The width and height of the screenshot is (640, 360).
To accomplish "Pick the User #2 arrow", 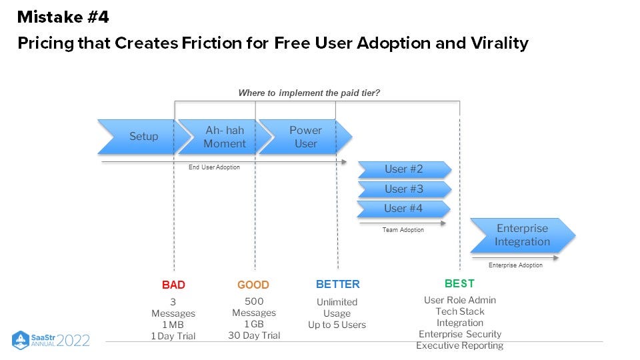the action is pos(404,169).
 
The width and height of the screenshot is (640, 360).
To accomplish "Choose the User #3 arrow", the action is pos(404,189).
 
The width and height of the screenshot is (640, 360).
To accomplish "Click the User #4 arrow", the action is pos(404,209).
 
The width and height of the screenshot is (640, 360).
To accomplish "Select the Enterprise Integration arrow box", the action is pos(523,235).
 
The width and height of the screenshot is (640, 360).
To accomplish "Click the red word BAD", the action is pos(173,285).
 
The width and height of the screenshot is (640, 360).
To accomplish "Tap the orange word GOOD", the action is pos(253,285).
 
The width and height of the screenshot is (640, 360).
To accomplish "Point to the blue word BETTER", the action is pos(337,285).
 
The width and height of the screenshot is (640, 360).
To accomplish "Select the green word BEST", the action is pos(460,283).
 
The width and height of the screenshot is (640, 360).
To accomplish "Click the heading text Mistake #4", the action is pos(63,17).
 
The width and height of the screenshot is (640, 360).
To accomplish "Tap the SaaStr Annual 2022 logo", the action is pos(51,340).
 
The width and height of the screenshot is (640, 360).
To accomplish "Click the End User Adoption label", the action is pos(214,167).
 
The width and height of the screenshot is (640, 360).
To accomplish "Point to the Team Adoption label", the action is pos(403,230).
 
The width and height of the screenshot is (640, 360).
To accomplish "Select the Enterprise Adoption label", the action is pos(515,265).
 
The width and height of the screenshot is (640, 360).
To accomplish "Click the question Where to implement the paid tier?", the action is pos(309,93).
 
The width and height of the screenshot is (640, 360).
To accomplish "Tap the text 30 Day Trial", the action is pos(253,335).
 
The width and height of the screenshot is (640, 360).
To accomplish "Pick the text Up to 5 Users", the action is pos(337,325).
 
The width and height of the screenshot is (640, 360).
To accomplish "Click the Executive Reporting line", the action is pos(459,345).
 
